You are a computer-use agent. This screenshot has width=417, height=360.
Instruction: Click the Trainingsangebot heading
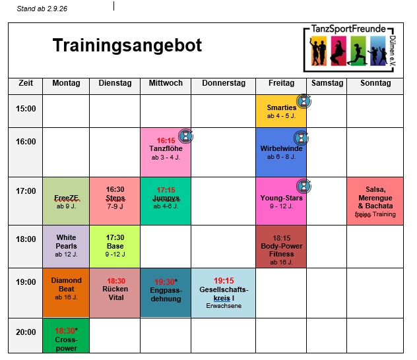click(127, 45)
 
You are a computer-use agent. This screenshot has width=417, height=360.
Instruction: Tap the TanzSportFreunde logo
click(350, 48)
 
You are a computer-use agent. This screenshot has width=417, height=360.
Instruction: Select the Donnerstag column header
click(224, 83)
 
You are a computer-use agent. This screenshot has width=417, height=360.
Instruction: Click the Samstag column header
click(327, 83)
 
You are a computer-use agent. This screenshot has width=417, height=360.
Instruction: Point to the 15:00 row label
click(26, 109)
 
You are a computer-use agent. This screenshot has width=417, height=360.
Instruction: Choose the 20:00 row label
click(26, 332)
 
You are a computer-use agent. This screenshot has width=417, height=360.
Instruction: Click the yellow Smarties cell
click(281, 111)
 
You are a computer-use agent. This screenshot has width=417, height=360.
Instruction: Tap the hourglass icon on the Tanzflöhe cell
click(185, 136)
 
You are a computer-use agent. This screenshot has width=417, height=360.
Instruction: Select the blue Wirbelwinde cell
click(281, 152)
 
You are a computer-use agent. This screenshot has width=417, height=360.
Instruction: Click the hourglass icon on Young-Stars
click(304, 186)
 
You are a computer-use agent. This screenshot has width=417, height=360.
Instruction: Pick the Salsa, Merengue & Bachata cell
click(375, 201)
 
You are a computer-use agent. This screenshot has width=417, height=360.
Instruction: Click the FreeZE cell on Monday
click(66, 201)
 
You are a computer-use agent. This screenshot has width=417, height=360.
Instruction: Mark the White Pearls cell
click(66, 247)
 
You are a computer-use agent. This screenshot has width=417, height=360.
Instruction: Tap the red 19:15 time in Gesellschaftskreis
click(224, 281)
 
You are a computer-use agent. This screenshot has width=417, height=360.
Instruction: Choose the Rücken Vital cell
click(115, 293)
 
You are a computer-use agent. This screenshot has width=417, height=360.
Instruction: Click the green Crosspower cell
click(66, 336)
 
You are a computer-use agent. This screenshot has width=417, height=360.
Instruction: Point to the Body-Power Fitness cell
click(281, 247)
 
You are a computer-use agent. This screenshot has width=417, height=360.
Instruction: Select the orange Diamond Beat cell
click(66, 293)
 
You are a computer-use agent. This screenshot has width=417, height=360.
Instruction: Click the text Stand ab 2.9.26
click(42, 9)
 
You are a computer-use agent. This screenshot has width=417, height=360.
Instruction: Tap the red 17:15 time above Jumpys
click(166, 190)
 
